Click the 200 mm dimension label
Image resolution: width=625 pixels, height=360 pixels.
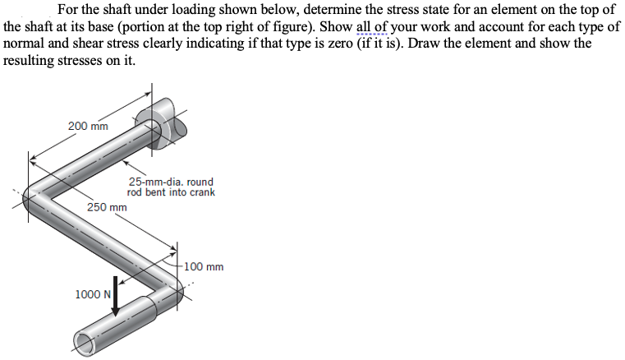(88, 126)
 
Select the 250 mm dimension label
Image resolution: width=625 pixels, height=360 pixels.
(107, 207)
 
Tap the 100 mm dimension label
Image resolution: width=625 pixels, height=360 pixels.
(204, 266)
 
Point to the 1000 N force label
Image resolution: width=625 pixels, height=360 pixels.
(92, 294)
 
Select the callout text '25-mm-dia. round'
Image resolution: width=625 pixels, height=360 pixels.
(171, 182)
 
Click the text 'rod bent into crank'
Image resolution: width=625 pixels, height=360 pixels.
(171, 192)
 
